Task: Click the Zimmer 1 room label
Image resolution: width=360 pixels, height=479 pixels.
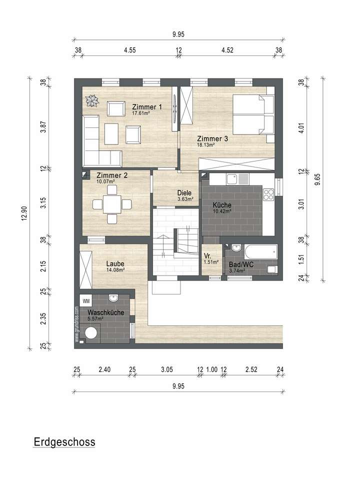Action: (x=147, y=106)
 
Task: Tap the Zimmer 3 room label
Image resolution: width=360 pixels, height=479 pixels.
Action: (x=212, y=139)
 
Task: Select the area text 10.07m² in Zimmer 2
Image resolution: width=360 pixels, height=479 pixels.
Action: (x=106, y=181)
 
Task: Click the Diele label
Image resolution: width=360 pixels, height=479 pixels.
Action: (x=185, y=192)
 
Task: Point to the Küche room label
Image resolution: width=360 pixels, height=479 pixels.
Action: (x=222, y=205)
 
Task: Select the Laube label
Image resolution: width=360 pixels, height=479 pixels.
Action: (x=115, y=263)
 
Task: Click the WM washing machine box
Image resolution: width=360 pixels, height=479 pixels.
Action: (x=86, y=301)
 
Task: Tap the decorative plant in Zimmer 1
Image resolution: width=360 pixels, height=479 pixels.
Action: (x=93, y=101)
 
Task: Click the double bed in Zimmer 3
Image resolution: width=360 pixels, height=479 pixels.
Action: (x=253, y=115)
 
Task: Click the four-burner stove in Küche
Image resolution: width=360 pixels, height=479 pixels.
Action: (x=268, y=193)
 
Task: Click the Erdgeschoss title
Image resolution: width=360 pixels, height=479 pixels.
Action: (x=64, y=442)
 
